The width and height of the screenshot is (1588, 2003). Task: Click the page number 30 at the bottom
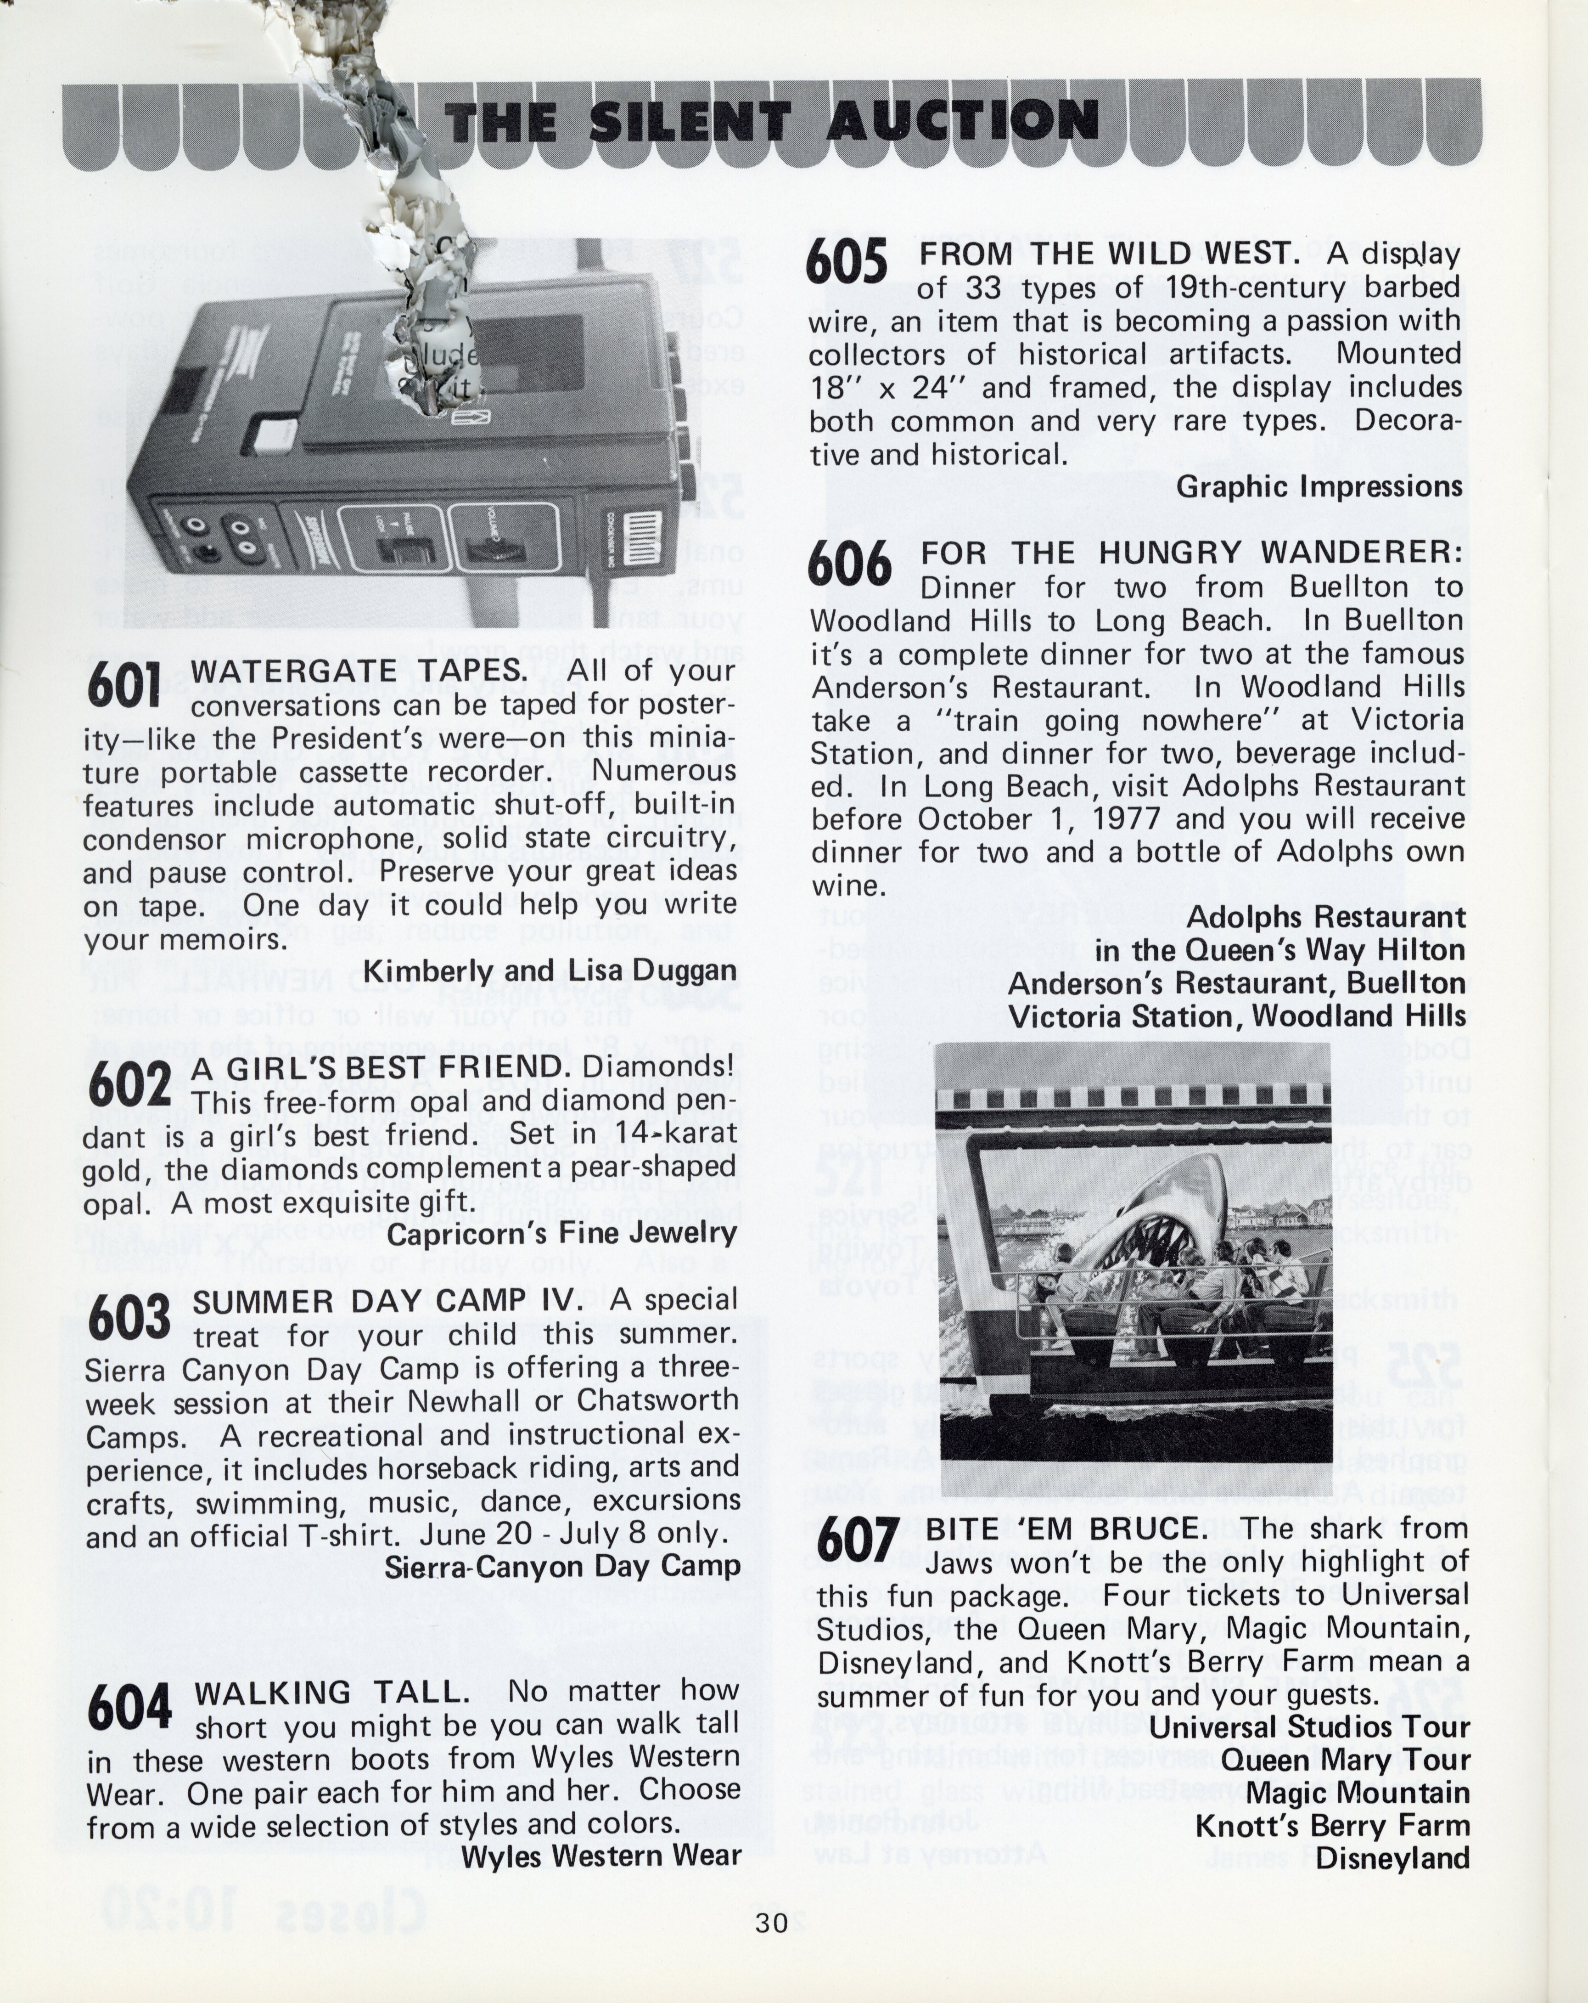pyautogui.click(x=771, y=1921)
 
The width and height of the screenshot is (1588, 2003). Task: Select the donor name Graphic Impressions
pyautogui.click(x=1319, y=487)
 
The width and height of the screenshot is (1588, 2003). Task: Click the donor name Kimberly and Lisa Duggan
pyautogui.click(x=550, y=971)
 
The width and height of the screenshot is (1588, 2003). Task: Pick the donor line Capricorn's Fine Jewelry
pyautogui.click(x=562, y=1234)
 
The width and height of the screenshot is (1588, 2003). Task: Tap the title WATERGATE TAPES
pyautogui.click(x=359, y=671)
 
